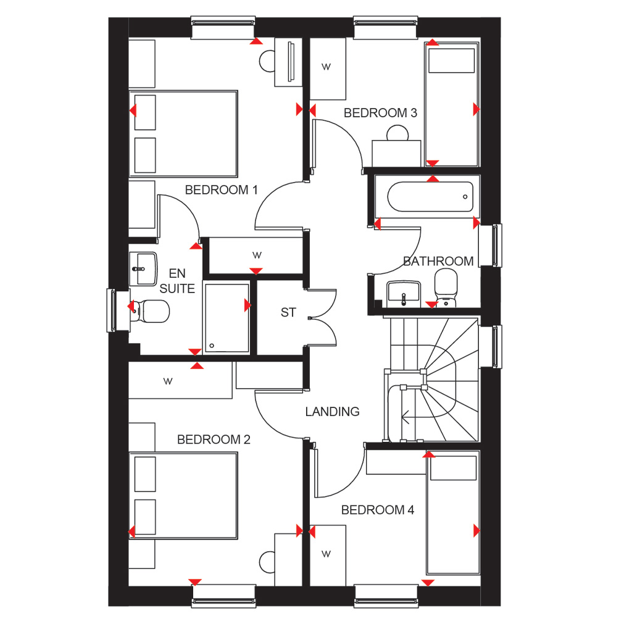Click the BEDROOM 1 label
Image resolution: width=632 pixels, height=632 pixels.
(x=221, y=190)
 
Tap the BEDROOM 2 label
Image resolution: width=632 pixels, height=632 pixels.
(x=214, y=439)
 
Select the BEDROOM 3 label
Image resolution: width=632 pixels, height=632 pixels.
(x=380, y=113)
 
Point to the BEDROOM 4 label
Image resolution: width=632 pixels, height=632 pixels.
(x=378, y=510)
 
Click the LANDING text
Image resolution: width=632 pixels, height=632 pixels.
(x=332, y=412)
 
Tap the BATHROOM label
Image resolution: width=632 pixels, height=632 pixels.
(x=438, y=261)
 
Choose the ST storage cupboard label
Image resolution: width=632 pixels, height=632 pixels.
(x=288, y=312)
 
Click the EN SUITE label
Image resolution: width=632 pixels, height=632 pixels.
(x=177, y=281)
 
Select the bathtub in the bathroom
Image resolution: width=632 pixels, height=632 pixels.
(x=430, y=197)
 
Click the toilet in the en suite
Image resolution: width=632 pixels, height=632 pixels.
(x=150, y=311)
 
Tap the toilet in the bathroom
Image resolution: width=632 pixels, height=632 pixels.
(x=446, y=288)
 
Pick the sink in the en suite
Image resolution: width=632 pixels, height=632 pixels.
(x=143, y=268)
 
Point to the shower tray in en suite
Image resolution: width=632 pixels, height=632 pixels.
(x=227, y=318)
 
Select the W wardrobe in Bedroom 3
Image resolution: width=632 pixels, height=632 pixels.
(x=328, y=69)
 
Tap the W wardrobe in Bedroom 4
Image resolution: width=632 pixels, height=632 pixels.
(x=328, y=555)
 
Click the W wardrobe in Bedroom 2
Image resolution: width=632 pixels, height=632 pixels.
(x=180, y=380)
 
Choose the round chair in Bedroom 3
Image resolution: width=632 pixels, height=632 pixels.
(x=398, y=133)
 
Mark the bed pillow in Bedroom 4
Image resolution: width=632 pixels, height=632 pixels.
(x=454, y=468)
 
